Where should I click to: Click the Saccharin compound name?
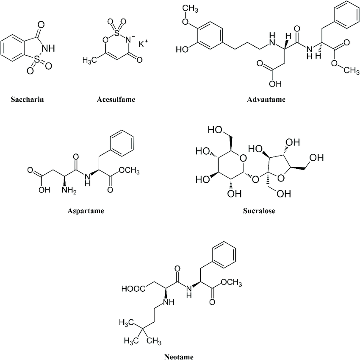pyautogui.click(x=29, y=100)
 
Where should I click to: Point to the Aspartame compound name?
pyautogui.click(x=86, y=210)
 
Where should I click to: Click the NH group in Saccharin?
pyautogui.click(x=48, y=48)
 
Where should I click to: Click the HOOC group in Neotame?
pyautogui.click(x=132, y=290)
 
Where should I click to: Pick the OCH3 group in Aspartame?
pyautogui.click(x=130, y=171)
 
